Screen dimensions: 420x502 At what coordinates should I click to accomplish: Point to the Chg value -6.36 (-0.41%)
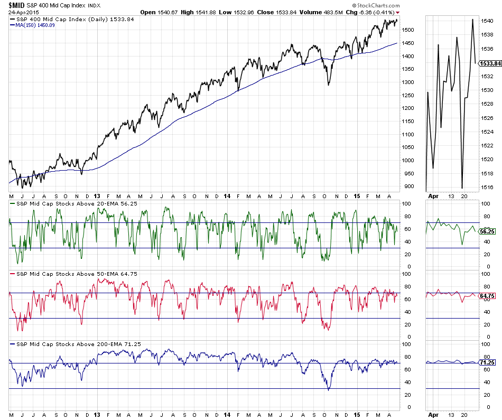[x=377, y=12]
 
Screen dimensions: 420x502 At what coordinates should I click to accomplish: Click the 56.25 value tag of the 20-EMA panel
[x=486, y=231]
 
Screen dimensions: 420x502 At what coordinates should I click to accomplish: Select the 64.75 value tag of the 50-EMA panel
[x=486, y=296]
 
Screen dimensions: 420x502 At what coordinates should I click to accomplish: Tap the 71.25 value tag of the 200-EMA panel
[x=486, y=363]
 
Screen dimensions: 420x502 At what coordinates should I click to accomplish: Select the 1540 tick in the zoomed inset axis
[x=487, y=21]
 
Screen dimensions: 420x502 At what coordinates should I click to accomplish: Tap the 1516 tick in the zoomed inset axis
[x=487, y=187]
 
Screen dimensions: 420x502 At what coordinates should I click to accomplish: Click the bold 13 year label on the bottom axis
[x=96, y=415]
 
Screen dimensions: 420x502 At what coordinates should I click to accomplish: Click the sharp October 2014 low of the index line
[x=328, y=85]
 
